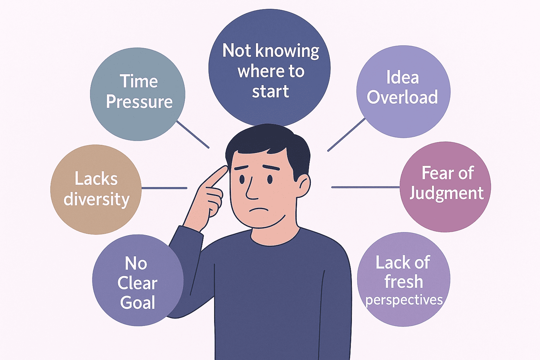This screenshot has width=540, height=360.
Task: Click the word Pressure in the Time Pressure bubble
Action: (139, 102)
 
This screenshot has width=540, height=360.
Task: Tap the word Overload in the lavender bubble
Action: (403, 97)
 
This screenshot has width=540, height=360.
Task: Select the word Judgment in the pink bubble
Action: (446, 193)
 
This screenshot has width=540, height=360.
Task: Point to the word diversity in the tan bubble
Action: (97, 200)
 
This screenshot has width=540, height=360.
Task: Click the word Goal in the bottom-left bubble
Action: (138, 303)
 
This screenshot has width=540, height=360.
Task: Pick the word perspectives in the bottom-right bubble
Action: (404, 300)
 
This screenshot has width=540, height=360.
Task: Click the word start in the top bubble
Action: (270, 91)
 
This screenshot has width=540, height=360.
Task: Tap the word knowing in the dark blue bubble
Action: (288, 51)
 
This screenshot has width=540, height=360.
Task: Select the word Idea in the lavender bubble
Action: (403, 77)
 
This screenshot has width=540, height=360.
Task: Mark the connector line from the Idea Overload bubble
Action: (347, 135)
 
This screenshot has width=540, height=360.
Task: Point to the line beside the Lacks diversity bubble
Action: (164, 188)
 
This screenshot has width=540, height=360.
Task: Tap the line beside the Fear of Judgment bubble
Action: (366, 187)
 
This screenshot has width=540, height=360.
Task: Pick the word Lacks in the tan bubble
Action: (96, 179)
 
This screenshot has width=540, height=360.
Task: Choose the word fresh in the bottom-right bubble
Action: (404, 282)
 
